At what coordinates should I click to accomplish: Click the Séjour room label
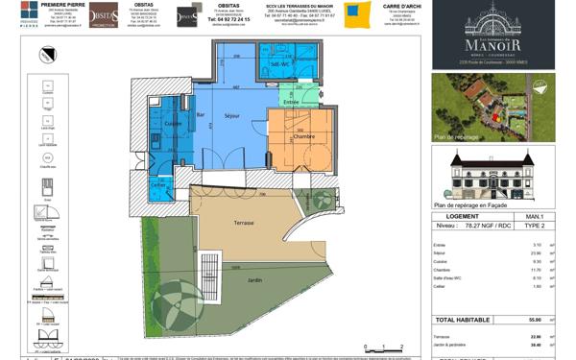231,117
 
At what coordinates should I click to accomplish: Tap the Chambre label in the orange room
303,137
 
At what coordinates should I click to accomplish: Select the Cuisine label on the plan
173,124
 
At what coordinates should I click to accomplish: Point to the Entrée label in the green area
290,99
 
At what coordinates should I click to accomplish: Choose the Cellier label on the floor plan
158,185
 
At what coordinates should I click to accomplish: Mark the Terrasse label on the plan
244,222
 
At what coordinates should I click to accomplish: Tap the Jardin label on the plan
254,280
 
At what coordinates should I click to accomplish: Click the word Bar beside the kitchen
201,114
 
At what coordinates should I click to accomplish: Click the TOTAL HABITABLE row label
463,320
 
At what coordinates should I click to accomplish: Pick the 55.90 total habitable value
536,320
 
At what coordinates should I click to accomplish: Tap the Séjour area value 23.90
536,253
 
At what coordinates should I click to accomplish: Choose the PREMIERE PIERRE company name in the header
65,5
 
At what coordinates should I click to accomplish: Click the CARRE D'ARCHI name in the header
397,5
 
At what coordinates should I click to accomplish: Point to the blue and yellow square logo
358,14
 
